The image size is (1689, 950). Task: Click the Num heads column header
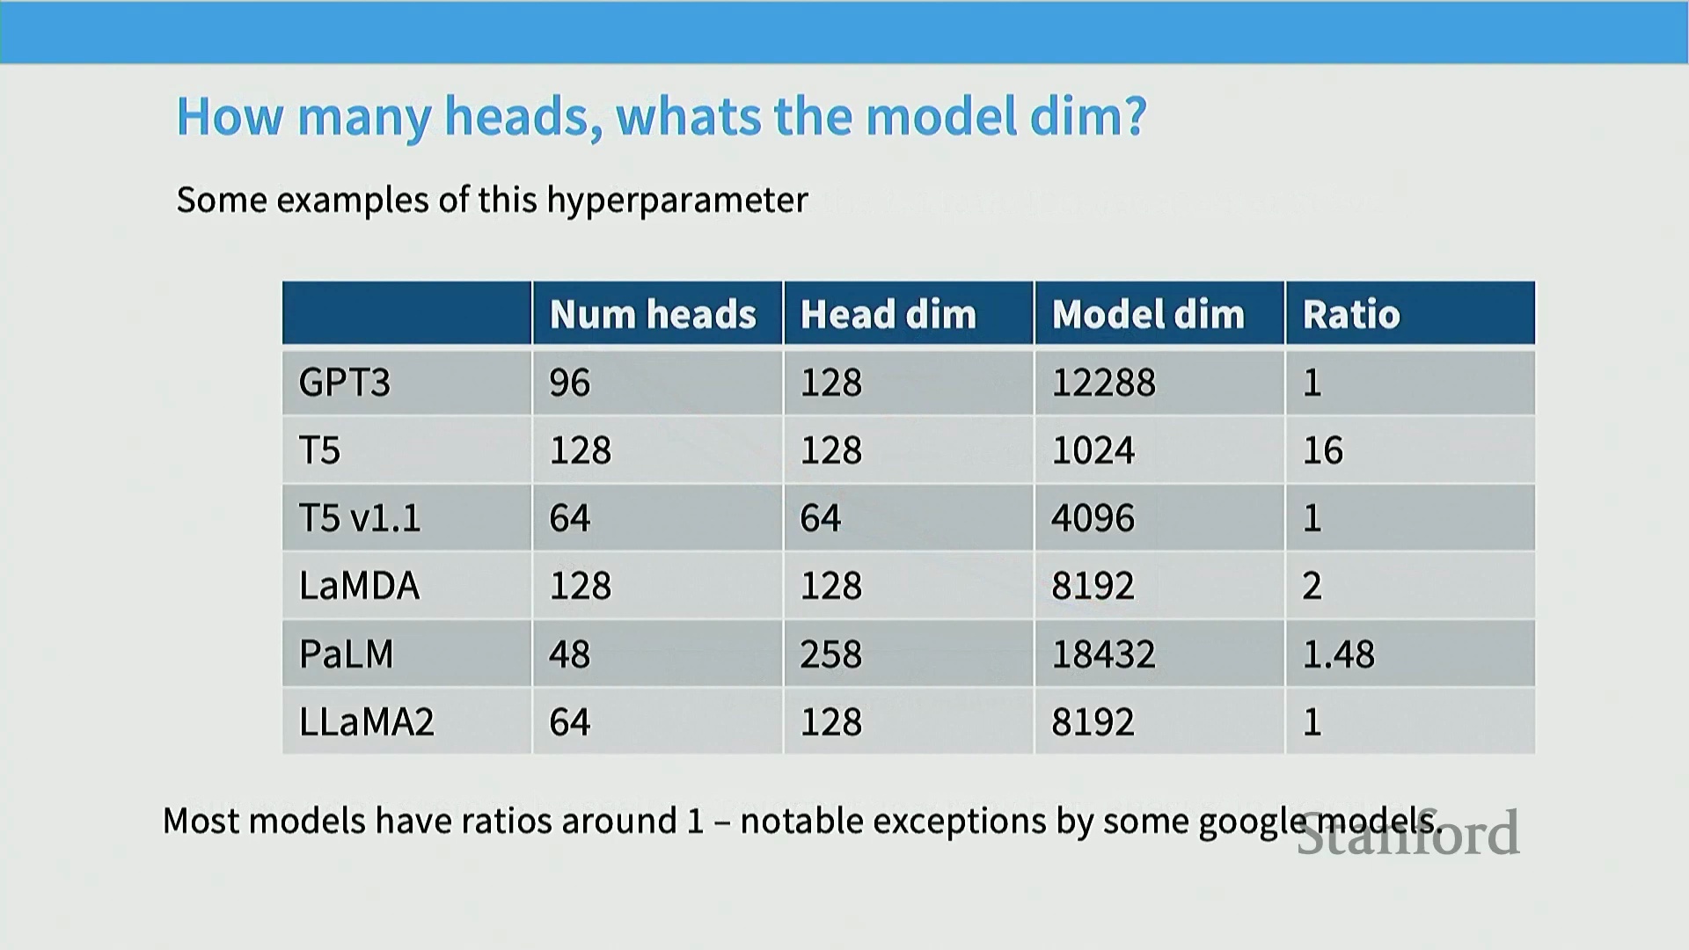(653, 314)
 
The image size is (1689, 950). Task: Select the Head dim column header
(888, 314)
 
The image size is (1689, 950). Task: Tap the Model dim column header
(1148, 314)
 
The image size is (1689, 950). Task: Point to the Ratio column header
(1351, 314)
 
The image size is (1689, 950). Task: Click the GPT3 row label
(345, 383)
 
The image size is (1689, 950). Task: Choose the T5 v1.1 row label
(360, 518)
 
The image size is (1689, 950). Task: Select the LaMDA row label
(359, 586)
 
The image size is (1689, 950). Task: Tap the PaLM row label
(347, 654)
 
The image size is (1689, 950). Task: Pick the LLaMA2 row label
(367, 722)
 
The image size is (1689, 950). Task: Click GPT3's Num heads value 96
(570, 383)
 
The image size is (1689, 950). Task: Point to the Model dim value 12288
(1104, 383)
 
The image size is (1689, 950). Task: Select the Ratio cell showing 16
(1323, 450)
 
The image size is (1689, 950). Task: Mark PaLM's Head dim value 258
(831, 654)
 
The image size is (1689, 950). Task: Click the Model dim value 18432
(1104, 654)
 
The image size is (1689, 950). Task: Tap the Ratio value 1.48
(1339, 654)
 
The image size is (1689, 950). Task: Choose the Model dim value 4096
(1093, 518)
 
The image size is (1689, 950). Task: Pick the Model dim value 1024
(1093, 450)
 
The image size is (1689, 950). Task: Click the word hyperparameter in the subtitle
(677, 201)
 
